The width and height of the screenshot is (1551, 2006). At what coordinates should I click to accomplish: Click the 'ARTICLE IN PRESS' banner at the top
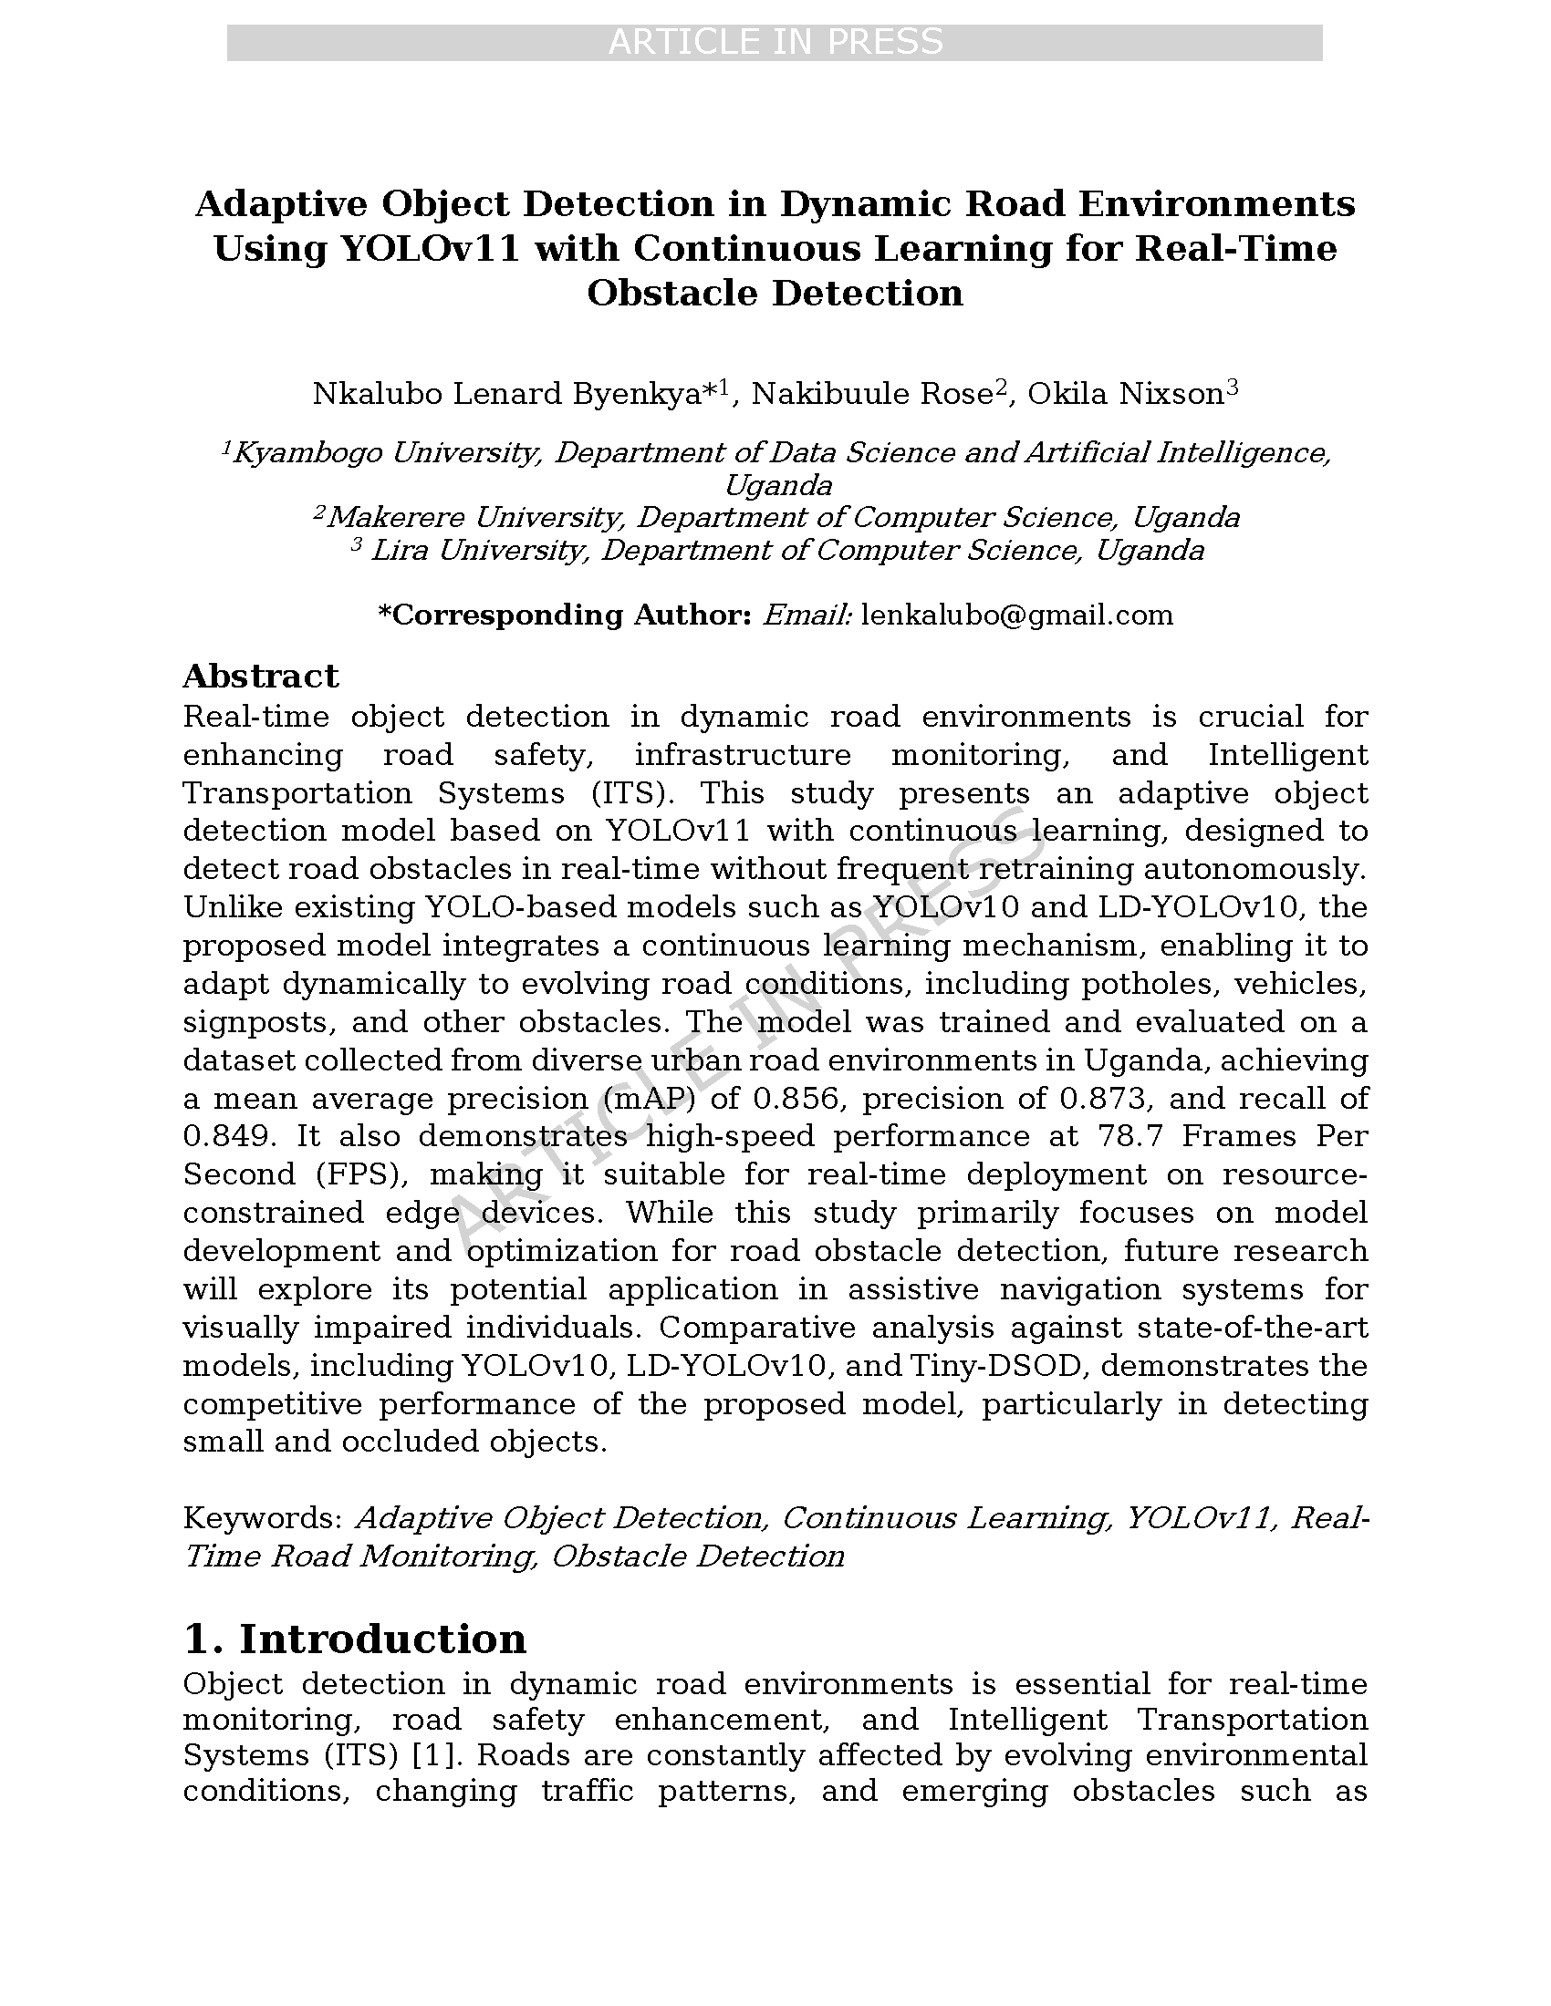(775, 42)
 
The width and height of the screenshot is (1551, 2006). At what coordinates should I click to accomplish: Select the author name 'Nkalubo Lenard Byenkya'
(506, 394)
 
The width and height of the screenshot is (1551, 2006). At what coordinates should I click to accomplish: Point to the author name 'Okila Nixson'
(1126, 394)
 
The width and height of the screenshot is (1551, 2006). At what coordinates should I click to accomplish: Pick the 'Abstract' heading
(261, 676)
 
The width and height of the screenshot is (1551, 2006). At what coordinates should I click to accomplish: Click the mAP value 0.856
(796, 1100)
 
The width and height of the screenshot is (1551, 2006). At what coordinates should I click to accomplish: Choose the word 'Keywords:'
(263, 1518)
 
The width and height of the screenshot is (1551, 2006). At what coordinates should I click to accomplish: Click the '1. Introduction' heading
(355, 1639)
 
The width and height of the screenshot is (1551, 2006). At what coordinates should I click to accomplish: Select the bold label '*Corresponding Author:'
(565, 615)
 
